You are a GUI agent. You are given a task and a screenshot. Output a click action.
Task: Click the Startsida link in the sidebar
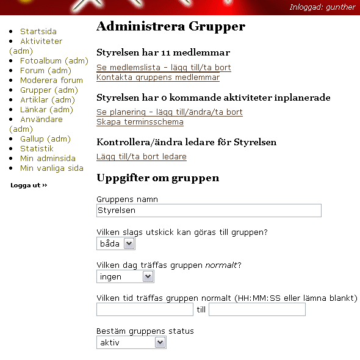(38, 32)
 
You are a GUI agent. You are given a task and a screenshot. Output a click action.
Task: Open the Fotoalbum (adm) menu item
(54, 61)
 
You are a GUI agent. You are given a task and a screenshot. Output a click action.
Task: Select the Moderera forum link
(51, 81)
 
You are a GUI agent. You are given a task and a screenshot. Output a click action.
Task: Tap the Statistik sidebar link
(37, 149)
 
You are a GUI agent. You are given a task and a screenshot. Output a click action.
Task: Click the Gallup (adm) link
(45, 139)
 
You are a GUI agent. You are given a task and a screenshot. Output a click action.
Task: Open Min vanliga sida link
(51, 168)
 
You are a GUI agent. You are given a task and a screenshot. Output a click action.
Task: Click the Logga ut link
(29, 185)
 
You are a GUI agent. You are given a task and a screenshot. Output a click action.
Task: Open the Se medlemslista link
(164, 68)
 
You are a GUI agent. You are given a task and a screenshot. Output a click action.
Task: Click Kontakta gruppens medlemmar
(158, 77)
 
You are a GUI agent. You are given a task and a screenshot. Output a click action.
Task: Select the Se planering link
(169, 112)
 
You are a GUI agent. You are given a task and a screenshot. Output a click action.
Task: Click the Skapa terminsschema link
(140, 122)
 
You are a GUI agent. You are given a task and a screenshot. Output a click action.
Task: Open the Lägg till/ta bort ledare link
(142, 157)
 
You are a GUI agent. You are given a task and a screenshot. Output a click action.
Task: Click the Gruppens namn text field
(209, 211)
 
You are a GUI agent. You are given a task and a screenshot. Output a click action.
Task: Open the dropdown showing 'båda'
(116, 243)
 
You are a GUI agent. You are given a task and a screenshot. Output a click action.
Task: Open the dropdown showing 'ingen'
(125, 277)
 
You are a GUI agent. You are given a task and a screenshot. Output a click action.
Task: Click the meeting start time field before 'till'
(145, 309)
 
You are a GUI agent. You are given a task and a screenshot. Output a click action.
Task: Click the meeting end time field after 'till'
(257, 309)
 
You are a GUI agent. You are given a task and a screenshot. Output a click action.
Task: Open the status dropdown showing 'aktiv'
(131, 343)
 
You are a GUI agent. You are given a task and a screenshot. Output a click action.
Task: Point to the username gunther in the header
(340, 7)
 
